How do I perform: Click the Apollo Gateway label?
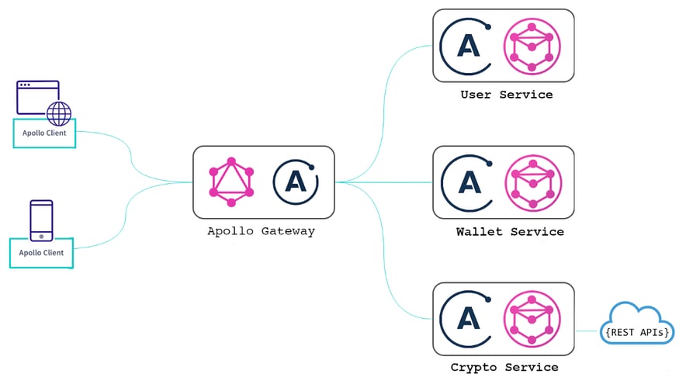point(261,231)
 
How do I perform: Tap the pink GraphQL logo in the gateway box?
point(230,182)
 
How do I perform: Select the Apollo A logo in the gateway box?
point(296,182)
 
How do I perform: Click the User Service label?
point(506,95)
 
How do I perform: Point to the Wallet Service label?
point(510,231)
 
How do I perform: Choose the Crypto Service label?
point(504,367)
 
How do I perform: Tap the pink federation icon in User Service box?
point(532,45)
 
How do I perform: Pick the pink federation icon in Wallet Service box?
point(532,182)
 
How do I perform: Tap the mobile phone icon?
point(41,220)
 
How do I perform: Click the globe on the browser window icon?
point(58,114)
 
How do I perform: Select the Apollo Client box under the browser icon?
point(44,133)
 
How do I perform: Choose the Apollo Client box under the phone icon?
point(41,253)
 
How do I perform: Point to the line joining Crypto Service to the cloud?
point(587,330)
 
